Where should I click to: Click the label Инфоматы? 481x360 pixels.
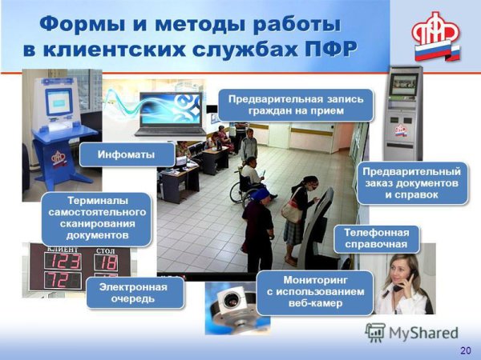coord(127,154)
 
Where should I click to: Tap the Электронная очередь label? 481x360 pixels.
coord(133,293)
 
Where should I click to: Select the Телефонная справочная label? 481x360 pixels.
coord(376,238)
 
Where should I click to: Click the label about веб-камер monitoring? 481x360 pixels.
coord(315,292)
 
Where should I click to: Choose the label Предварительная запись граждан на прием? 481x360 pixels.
coord(296,105)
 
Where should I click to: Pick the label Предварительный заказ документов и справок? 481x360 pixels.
coord(410,183)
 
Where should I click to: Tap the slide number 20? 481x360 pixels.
coord(465,350)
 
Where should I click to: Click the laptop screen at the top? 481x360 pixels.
coord(170,109)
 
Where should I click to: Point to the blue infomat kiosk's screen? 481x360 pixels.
coord(58,101)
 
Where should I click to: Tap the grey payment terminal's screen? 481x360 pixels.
coord(403,82)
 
